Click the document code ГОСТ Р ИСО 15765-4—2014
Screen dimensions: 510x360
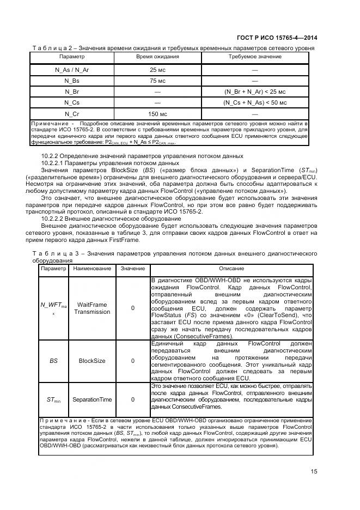(x=278, y=38)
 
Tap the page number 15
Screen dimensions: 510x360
(x=314, y=472)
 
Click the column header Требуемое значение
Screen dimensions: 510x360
(x=255, y=57)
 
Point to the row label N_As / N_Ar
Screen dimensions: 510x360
(x=72, y=70)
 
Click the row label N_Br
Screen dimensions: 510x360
(x=72, y=92)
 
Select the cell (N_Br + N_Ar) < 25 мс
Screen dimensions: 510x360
(x=255, y=92)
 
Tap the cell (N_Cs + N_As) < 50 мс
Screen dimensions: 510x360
(x=255, y=102)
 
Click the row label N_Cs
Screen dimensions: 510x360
(x=72, y=102)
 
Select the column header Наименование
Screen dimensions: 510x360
(x=92, y=269)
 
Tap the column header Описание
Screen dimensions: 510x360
(x=231, y=269)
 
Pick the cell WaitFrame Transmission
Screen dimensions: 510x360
(x=92, y=308)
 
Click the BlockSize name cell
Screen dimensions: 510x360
(x=92, y=361)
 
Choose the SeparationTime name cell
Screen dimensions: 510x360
(x=92, y=399)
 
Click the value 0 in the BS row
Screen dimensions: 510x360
(x=133, y=361)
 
